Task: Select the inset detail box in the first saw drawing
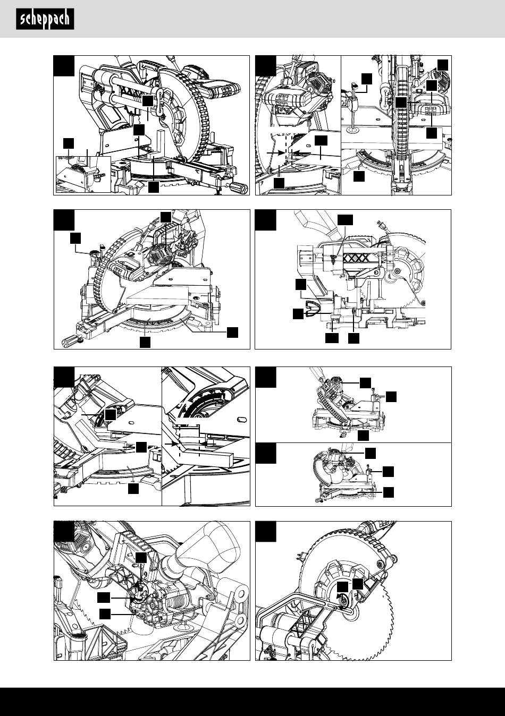click(x=83, y=174)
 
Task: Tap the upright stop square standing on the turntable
click(x=161, y=143)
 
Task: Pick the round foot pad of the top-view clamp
click(x=351, y=129)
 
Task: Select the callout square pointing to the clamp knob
click(x=366, y=78)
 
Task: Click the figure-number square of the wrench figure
click(x=265, y=531)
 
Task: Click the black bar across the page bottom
click(x=252, y=702)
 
